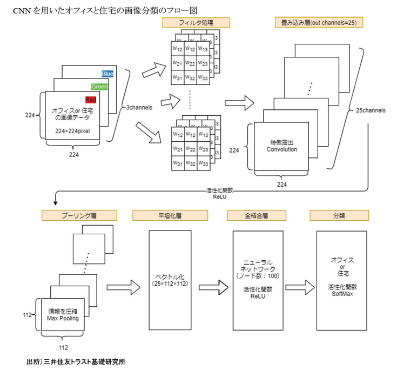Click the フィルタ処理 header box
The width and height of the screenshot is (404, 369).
pyautogui.click(x=197, y=23)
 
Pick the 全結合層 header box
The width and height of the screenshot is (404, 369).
pyautogui.click(x=253, y=215)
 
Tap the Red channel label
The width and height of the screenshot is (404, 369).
pyautogui.click(x=90, y=99)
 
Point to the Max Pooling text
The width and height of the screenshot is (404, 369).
pyautogui.click(x=63, y=318)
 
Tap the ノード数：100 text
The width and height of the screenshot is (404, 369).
pyautogui.click(x=253, y=276)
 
